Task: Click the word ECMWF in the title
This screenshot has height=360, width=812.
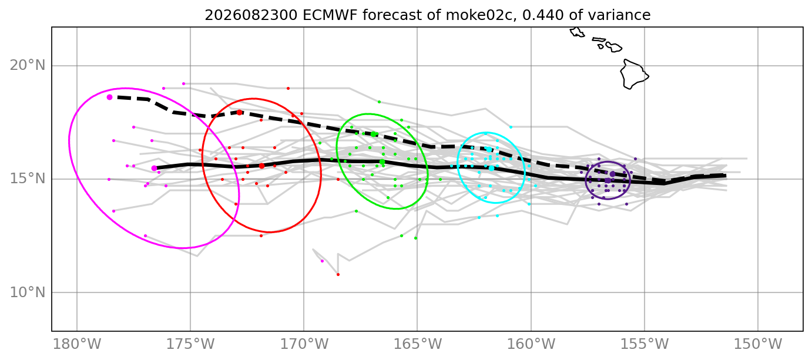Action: [x=330, y=15]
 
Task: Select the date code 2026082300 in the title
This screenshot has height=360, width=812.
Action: [x=251, y=15]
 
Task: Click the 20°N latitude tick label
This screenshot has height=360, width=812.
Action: [x=28, y=66]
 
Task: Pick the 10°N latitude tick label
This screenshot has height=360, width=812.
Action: [x=28, y=292]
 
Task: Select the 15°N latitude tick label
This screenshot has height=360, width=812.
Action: [x=28, y=179]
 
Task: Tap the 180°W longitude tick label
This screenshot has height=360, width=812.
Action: [x=77, y=344]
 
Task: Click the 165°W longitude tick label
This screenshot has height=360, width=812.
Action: [x=417, y=344]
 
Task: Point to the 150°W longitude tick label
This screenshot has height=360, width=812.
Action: [x=757, y=344]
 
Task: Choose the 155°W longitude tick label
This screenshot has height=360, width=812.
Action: [x=645, y=344]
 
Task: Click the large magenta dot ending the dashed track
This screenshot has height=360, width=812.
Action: [x=109, y=97]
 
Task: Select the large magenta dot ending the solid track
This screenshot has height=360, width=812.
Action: [x=154, y=168]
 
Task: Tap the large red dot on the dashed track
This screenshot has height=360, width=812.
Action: [x=239, y=112]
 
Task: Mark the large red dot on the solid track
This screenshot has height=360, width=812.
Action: [x=261, y=166]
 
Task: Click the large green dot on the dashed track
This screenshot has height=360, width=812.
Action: [x=373, y=134]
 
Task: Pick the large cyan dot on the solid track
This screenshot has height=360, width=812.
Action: [x=491, y=168]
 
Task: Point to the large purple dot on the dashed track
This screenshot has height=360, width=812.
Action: [x=613, y=174]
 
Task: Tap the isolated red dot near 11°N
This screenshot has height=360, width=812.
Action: [x=338, y=274]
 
